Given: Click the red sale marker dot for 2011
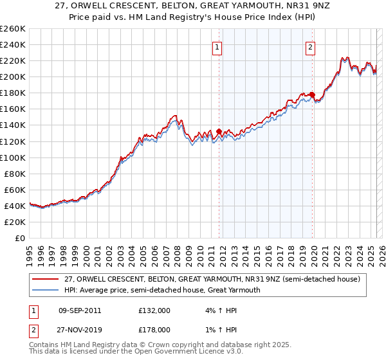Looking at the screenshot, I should click(x=219, y=131).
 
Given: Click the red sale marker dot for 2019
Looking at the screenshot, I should click(x=313, y=94).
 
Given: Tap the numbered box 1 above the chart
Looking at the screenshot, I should click(x=217, y=46).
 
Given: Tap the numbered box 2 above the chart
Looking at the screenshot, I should click(x=311, y=46).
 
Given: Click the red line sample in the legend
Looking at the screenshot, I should click(x=46, y=279).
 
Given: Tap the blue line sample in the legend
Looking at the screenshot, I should click(x=46, y=290).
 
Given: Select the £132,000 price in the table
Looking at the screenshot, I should click(x=154, y=310).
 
